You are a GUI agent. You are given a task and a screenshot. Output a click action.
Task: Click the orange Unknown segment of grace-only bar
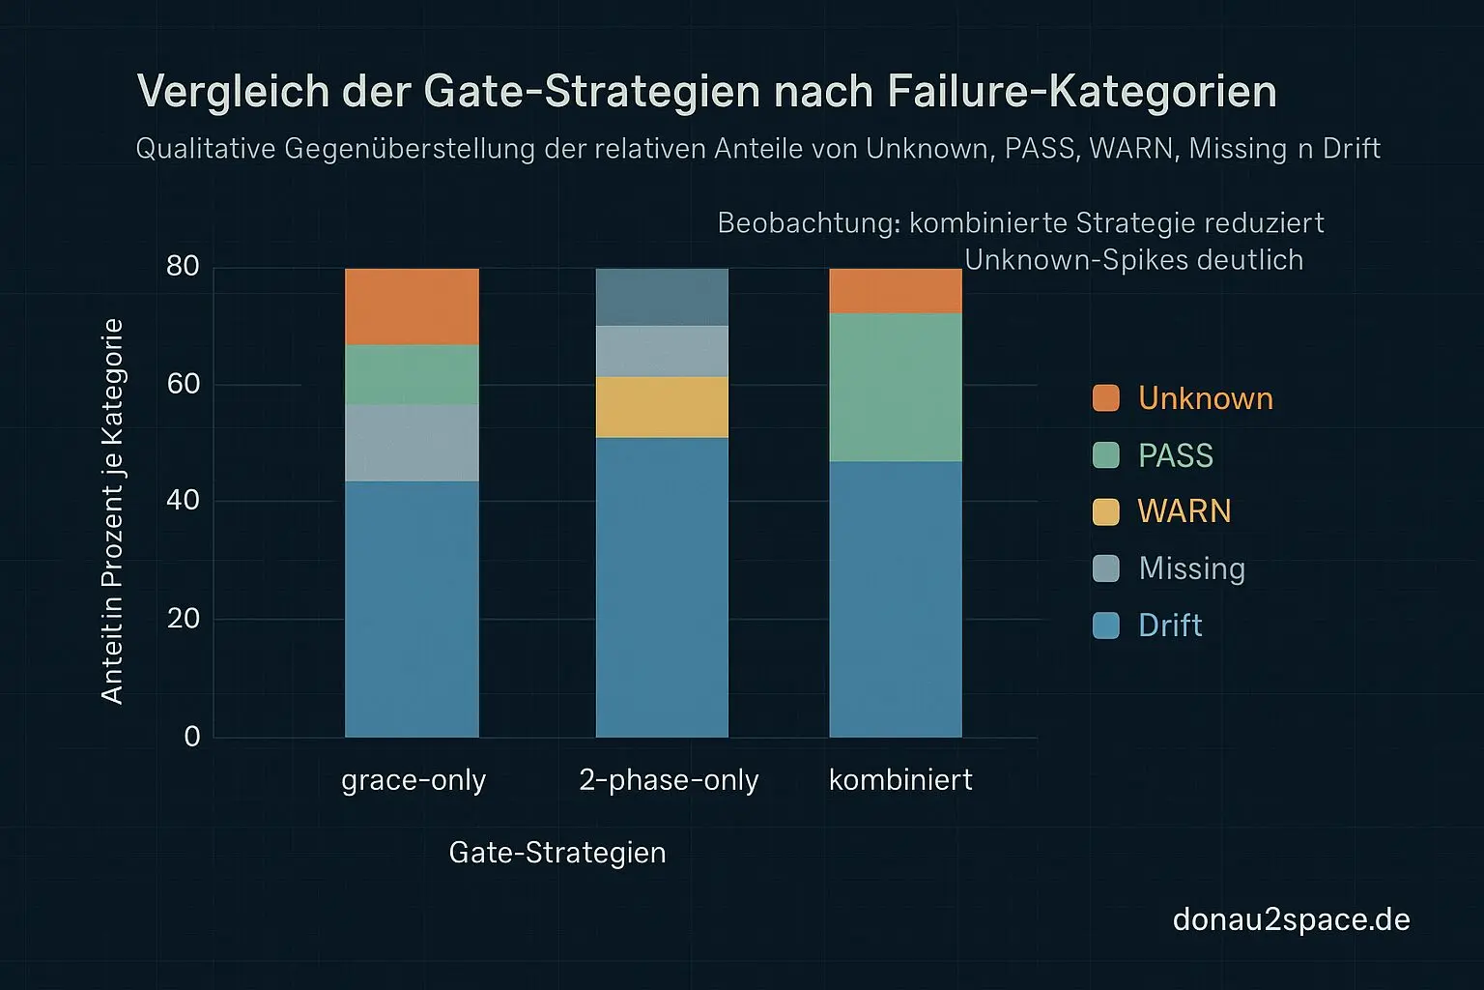412,306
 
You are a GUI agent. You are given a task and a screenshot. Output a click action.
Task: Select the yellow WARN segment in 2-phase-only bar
662,407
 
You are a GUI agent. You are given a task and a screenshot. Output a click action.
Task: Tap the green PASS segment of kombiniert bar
896,387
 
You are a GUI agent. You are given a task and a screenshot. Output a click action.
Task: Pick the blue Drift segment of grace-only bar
412,609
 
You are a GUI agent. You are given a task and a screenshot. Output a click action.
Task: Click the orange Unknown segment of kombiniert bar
896,291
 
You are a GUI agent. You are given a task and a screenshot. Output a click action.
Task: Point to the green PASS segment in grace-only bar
412,375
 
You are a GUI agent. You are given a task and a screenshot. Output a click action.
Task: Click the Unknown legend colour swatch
1105,398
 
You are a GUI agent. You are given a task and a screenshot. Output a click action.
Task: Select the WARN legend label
1184,511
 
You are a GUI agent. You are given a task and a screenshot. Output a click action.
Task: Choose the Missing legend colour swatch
1105,568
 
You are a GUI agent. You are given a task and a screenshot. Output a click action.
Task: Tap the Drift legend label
1170,626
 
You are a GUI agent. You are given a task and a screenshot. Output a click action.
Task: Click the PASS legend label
1175,455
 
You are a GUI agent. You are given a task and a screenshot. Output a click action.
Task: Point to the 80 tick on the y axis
183,267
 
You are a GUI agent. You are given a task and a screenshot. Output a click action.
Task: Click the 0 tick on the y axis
192,737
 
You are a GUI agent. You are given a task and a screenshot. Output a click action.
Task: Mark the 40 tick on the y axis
183,501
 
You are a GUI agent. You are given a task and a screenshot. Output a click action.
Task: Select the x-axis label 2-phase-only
669,780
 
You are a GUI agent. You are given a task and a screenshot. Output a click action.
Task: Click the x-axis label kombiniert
900,780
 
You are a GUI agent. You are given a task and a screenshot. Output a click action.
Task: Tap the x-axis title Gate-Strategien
557,853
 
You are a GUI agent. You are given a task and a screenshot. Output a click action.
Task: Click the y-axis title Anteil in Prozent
112,510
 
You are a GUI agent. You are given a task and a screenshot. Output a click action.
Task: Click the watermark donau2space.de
1291,919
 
